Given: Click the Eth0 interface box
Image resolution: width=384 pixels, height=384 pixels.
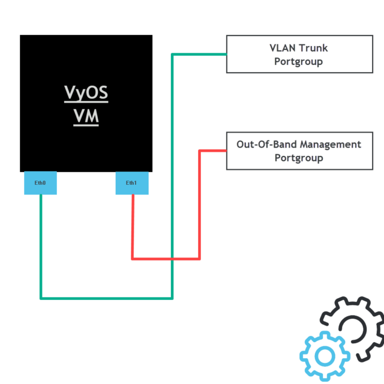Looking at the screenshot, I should click(x=40, y=183).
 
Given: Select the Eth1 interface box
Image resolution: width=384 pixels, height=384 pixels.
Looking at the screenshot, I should click(x=131, y=183).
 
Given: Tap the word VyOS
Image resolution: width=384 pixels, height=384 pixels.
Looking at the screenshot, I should click(x=86, y=94).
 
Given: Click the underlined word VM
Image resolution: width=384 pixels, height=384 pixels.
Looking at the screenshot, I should click(x=86, y=116).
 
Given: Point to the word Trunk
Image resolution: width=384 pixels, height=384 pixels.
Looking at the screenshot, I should click(x=314, y=48).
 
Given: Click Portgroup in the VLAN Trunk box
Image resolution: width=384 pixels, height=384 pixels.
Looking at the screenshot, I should click(x=299, y=62).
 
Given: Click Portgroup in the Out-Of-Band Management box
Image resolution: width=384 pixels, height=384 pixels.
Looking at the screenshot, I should click(x=299, y=158).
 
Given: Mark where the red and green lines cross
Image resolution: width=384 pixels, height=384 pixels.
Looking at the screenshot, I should click(x=172, y=259).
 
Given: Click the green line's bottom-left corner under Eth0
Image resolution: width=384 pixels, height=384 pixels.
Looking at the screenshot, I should click(x=41, y=298).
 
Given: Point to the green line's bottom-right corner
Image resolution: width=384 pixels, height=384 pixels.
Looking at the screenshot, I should click(x=172, y=298).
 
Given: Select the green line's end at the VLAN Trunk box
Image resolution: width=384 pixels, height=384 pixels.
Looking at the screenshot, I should click(x=226, y=54).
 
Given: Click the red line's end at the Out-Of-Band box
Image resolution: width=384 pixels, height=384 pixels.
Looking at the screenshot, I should click(x=226, y=151).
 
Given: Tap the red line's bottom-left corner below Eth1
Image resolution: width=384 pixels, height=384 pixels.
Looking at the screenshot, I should click(x=133, y=259).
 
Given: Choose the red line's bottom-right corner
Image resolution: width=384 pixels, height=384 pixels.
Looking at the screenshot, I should click(x=199, y=259).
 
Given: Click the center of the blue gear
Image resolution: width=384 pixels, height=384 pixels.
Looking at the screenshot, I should click(x=325, y=356).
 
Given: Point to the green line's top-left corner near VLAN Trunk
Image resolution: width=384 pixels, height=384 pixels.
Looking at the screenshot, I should click(x=172, y=54).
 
